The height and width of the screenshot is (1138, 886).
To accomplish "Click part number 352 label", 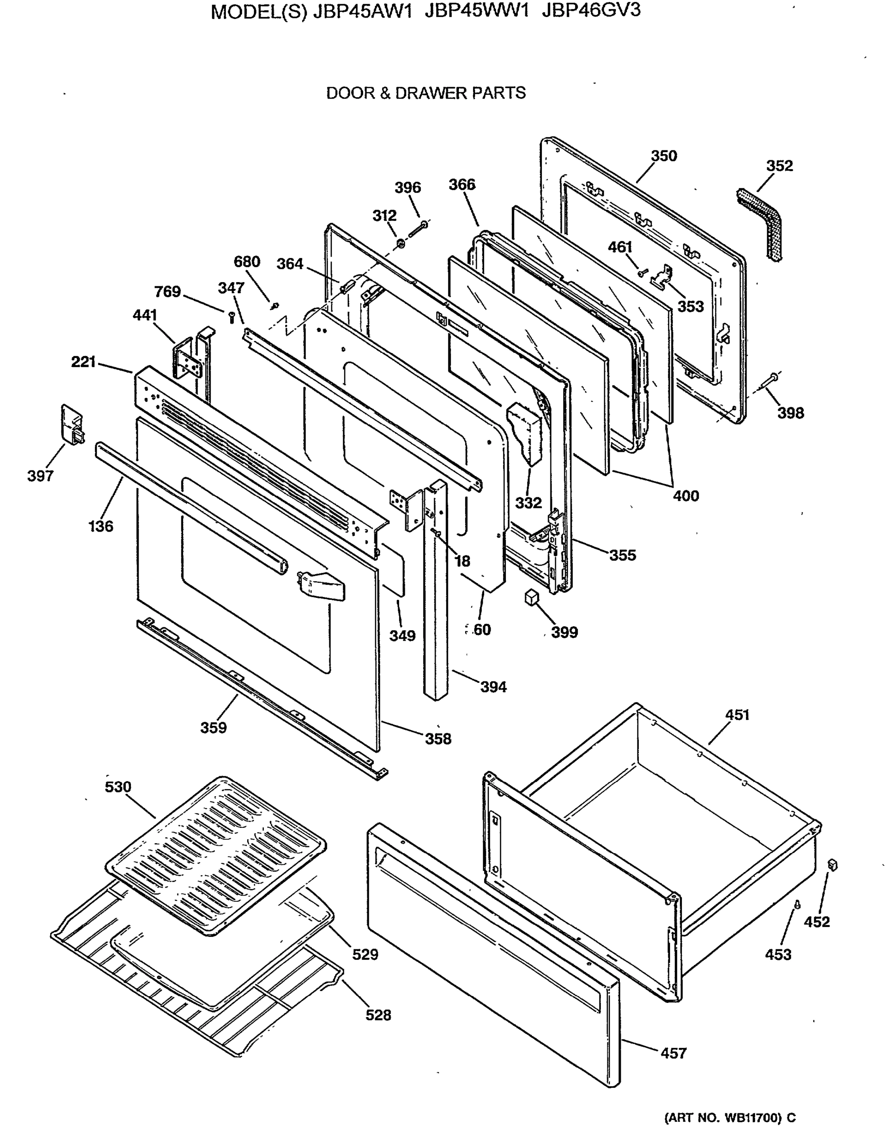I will tap(779, 165).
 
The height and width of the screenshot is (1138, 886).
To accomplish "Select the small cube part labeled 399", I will tap(531, 597).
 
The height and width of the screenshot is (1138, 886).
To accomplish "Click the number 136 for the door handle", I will tap(101, 526).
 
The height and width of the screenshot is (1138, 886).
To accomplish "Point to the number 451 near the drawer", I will tap(737, 715).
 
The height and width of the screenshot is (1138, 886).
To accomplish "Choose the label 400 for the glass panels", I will tap(685, 495).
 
